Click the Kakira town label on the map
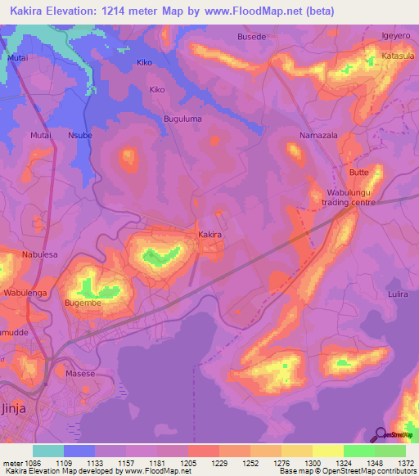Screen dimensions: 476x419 [x=210, y=235]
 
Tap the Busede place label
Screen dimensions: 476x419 [x=251, y=37]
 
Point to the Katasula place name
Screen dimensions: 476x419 [x=399, y=56]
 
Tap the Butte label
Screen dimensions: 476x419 [x=358, y=173]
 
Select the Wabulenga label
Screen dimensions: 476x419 [x=29, y=292]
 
